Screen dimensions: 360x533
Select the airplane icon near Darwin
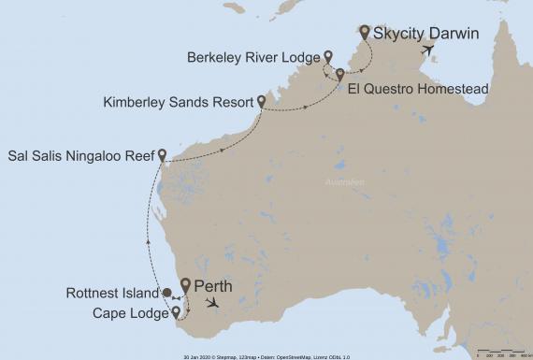[x=429, y=50]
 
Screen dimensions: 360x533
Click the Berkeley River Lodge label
[x=253, y=55]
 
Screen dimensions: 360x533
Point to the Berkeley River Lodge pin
[x=328, y=55]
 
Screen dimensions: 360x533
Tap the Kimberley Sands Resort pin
[x=261, y=101]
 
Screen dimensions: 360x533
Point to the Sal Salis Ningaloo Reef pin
[x=163, y=154]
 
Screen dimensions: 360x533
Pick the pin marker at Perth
[x=185, y=285]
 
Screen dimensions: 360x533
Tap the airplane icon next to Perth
[x=216, y=303]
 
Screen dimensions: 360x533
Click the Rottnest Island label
[x=113, y=294]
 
